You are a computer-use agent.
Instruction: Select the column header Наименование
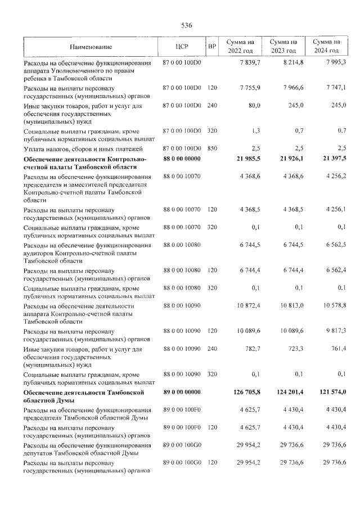pyautogui.click(x=92, y=46)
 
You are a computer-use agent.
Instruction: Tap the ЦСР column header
pyautogui.click(x=181, y=46)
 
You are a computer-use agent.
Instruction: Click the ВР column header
pyautogui.click(x=212, y=46)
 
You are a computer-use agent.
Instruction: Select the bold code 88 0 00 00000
pyautogui.click(x=181, y=160)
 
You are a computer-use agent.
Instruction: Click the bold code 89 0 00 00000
pyautogui.click(x=181, y=392)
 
